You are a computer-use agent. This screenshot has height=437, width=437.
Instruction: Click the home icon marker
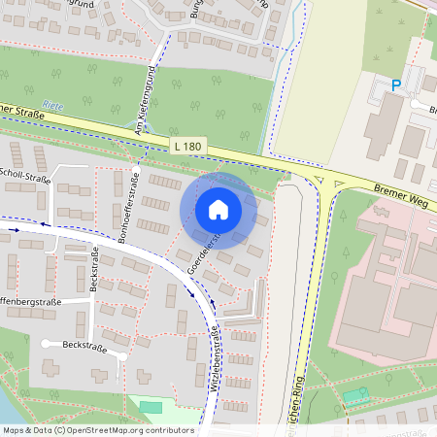[x=218, y=210]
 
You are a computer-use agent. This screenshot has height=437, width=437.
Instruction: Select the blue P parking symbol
[x=395, y=85]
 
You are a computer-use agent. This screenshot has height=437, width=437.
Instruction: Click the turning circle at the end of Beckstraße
[x=46, y=344]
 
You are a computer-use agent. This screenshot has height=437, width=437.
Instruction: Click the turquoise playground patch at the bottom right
[x=356, y=396]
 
